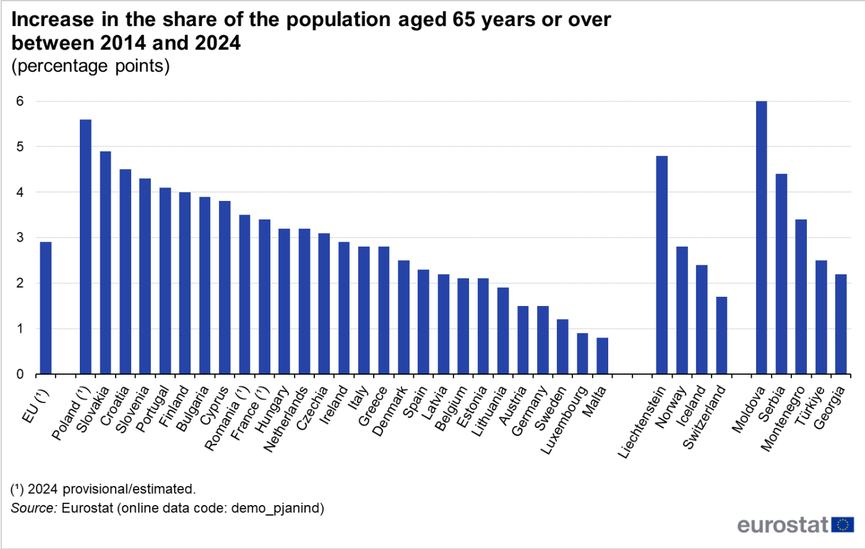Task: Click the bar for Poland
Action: [x=85, y=247]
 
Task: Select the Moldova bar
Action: [x=761, y=238]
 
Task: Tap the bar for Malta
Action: [x=602, y=356]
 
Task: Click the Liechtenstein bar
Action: [x=661, y=265]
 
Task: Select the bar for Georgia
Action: [x=841, y=324]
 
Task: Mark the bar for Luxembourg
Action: [x=582, y=354]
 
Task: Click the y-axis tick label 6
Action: [x=20, y=101]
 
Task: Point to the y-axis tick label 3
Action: [x=20, y=238]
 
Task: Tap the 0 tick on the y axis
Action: [x=20, y=374]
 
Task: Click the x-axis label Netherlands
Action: [x=286, y=419]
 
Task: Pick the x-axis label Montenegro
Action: [x=783, y=418]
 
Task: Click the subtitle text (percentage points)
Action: [x=90, y=66]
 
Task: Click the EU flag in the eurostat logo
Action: [x=842, y=525]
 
